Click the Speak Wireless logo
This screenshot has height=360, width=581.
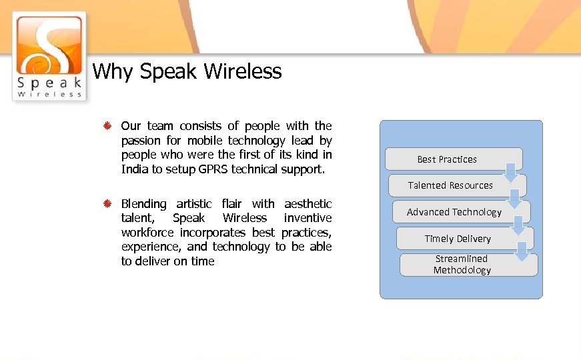[x=49, y=56]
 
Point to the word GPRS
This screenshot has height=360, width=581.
[x=213, y=169]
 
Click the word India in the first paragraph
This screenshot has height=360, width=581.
[x=135, y=169]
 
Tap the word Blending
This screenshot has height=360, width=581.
[x=143, y=203]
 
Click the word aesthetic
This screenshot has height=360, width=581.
[x=308, y=203]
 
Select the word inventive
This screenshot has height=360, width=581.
[x=308, y=218]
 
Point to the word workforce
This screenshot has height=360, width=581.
[x=147, y=233]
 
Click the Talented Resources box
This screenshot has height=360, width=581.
[x=450, y=185]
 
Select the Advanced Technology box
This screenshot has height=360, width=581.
[x=454, y=212]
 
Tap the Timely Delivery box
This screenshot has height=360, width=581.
[x=458, y=239]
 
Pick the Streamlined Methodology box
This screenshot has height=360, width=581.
[x=462, y=265]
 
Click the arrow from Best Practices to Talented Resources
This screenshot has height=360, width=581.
[x=510, y=172]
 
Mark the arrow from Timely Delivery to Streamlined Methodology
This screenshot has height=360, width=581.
[x=524, y=251]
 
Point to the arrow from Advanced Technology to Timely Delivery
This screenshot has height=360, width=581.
[x=519, y=225]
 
